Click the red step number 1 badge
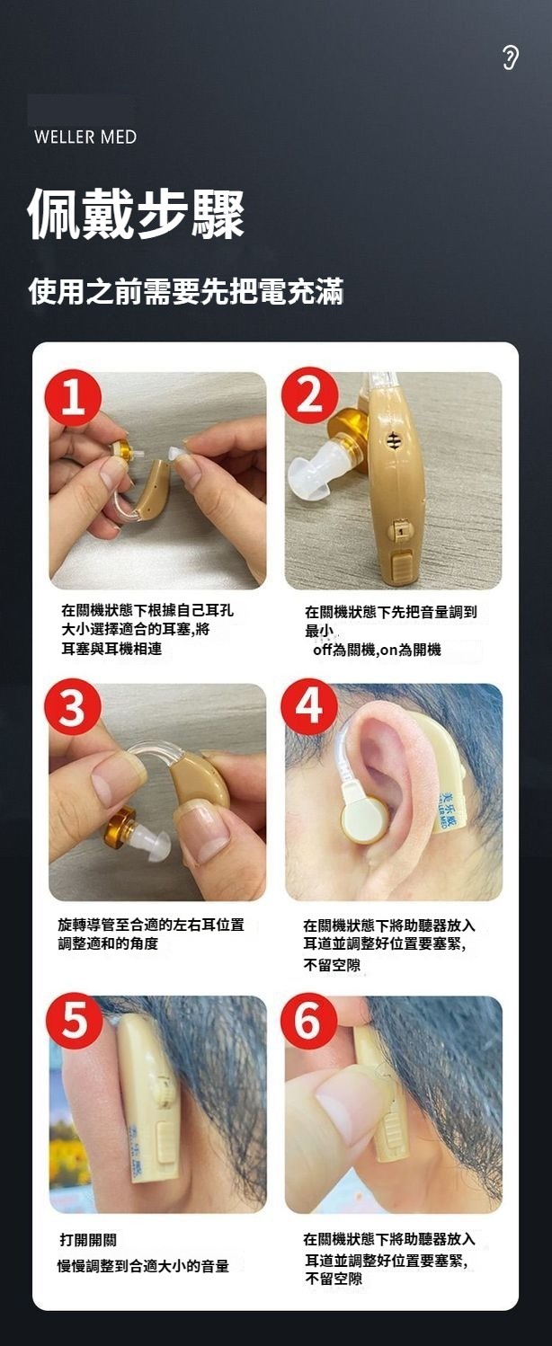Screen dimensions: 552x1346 click(74, 398)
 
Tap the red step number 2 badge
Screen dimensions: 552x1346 click(309, 396)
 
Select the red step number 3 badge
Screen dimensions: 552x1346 click(73, 707)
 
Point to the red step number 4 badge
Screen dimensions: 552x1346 click(309, 706)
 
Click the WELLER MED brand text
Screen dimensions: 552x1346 click(85, 137)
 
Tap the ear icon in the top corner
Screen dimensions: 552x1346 click(510, 58)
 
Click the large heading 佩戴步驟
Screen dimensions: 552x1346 click(137, 214)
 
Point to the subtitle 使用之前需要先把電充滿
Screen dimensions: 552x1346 click(186, 291)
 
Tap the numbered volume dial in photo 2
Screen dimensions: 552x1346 click(399, 530)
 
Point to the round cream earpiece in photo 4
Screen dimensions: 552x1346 click(365, 818)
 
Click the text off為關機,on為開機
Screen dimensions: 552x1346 click(377, 650)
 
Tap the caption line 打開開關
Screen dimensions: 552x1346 click(88, 1240)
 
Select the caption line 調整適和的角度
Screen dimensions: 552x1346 click(108, 943)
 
